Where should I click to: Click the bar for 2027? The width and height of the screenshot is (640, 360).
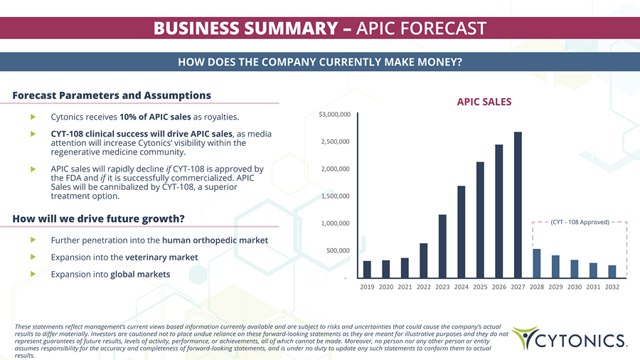pyautogui.click(x=518, y=205)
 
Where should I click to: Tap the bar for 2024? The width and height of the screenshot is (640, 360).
pyautogui.click(x=462, y=231)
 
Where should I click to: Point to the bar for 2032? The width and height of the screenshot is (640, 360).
pyautogui.click(x=612, y=271)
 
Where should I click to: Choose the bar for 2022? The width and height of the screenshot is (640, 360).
pyautogui.click(x=424, y=260)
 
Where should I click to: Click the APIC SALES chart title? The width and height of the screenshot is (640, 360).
pyautogui.click(x=484, y=102)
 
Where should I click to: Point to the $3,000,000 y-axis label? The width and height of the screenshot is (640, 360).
pyautogui.click(x=334, y=115)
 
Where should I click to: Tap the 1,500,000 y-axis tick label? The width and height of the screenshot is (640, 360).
pyautogui.click(x=336, y=196)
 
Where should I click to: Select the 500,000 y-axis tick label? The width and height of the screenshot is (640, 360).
pyautogui.click(x=338, y=250)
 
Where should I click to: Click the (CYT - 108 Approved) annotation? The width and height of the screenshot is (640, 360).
pyautogui.click(x=580, y=223)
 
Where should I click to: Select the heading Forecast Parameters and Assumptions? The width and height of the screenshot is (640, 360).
pyautogui.click(x=112, y=95)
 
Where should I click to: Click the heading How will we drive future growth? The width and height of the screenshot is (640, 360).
pyautogui.click(x=99, y=218)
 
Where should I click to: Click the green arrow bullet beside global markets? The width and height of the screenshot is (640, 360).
pyautogui.click(x=33, y=274)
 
